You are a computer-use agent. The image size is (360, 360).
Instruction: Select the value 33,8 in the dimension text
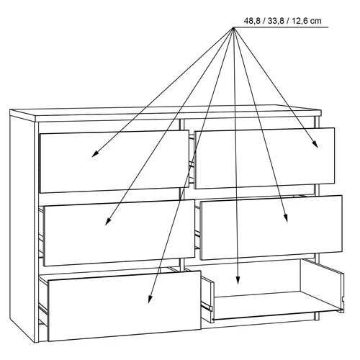pos(276,21)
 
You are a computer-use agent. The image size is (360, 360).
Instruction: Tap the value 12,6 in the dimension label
pos(300,21)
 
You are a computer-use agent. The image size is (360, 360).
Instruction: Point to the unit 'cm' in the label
pos(316,22)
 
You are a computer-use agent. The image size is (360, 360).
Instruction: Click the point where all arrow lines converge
pos(233,27)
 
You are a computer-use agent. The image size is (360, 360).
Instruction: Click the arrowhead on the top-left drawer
pos(94,154)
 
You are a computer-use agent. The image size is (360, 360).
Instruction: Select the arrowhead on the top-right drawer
pos(315,144)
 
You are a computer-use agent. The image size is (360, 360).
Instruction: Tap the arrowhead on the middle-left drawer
pos(108,221)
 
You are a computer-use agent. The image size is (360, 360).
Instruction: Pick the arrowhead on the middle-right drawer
pos(286,217)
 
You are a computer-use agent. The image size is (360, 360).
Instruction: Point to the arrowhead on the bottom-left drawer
pos(150,299)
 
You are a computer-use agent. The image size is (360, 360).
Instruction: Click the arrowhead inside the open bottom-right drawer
pos(238,280)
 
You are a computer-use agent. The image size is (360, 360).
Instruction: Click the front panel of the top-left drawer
pos(114,161)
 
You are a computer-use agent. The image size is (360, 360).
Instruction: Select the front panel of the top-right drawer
pos(264,158)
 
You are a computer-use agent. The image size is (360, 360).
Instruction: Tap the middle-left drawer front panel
pos(119,233)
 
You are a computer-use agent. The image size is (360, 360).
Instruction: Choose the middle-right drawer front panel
pos(271,228)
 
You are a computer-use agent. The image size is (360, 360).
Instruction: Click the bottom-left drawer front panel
pos(125,306)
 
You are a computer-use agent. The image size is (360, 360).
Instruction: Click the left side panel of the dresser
pos(22,229)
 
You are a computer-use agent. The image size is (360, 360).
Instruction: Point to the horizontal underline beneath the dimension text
pos(281,27)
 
